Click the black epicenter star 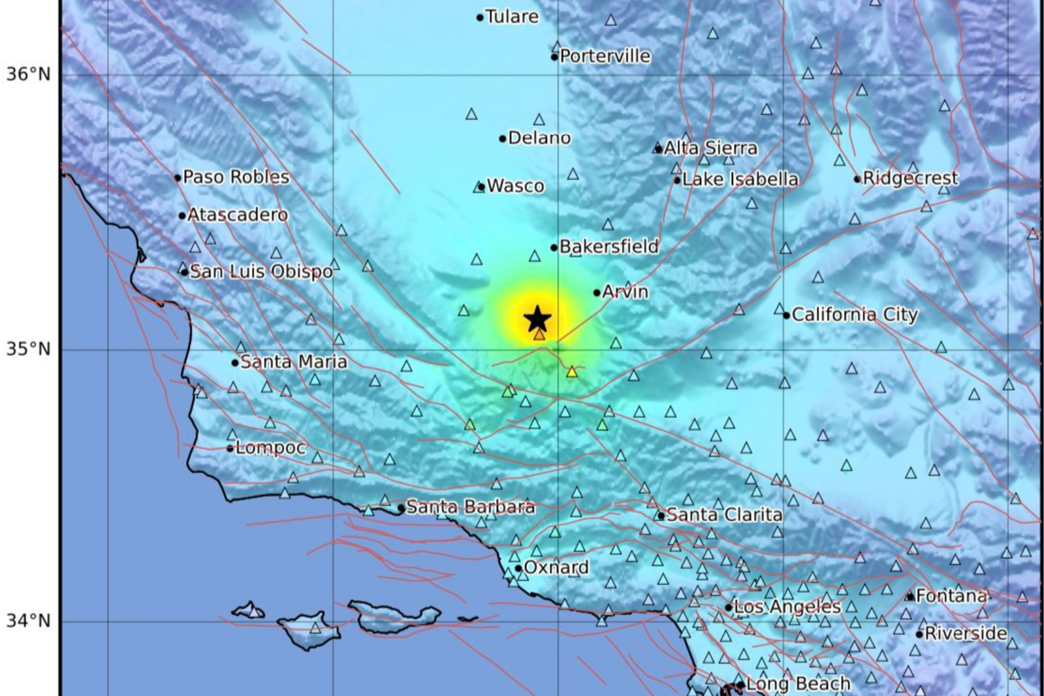537,319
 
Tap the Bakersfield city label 609,247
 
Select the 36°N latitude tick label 29,74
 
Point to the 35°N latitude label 29,349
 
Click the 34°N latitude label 29,620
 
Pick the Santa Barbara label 470,507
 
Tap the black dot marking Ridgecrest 857,179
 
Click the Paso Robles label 236,177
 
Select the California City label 854,315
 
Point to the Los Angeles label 787,607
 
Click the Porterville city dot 554,57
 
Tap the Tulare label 512,17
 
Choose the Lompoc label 270,448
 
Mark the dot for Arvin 597,293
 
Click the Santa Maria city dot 235,363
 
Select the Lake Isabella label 740,180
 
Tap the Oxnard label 556,567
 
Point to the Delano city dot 503,138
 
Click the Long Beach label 797,684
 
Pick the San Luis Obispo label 261,272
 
